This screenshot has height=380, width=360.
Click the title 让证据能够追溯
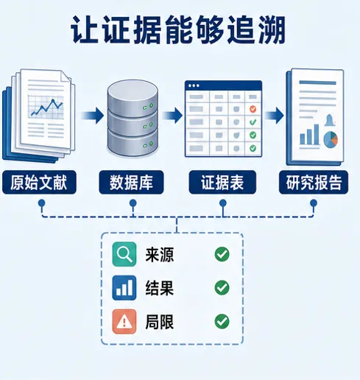point(178,29)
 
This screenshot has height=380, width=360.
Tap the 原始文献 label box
point(39,182)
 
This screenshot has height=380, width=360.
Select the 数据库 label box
point(131,182)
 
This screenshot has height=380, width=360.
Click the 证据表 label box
point(222,182)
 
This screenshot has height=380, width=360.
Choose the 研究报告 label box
point(314,182)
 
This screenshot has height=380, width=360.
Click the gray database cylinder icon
point(133,119)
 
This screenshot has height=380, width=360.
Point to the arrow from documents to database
point(93,115)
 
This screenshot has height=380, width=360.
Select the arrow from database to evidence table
point(172,115)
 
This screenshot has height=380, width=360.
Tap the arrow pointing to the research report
point(274,115)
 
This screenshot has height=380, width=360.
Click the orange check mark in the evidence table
point(253,109)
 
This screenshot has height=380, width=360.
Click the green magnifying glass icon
point(124,254)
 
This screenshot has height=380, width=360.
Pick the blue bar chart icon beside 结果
point(124,288)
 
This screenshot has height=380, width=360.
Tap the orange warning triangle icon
point(124,322)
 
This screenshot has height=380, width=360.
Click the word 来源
point(160,255)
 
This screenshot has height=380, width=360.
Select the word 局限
point(160,322)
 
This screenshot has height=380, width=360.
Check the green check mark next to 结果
point(222,288)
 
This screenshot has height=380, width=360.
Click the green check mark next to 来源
point(222,254)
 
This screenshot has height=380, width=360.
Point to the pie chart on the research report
point(331,140)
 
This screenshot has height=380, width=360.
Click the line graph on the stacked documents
point(46,107)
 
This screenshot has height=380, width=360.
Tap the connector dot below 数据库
point(133,203)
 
